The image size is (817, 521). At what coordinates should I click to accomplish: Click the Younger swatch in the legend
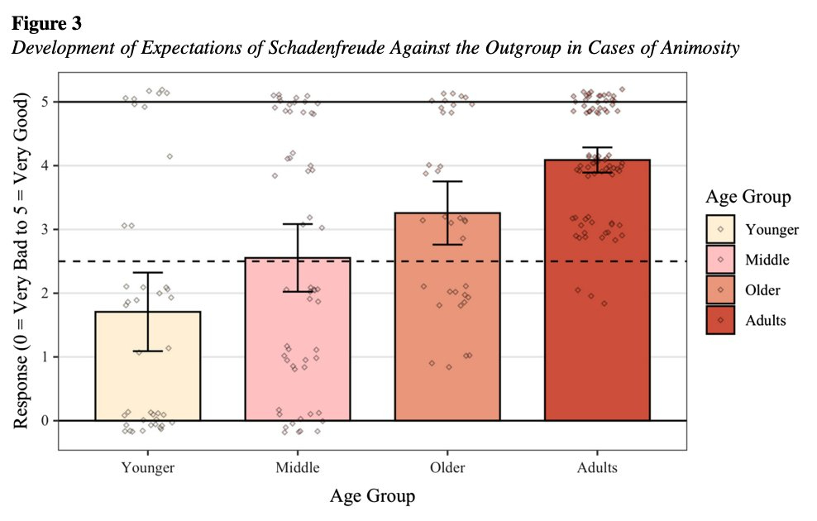(720, 231)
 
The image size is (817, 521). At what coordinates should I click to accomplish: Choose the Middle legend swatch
(720, 260)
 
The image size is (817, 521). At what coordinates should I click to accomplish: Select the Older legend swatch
(720, 290)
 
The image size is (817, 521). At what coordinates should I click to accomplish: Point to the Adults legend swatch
(720, 320)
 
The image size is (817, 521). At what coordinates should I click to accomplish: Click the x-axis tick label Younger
(148, 469)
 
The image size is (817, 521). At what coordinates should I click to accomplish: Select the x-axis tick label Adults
(597, 469)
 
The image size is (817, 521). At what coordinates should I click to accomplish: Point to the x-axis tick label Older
(447, 469)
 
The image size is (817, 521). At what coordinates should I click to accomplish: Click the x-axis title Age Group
(372, 497)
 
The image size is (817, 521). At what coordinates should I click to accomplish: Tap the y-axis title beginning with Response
(25, 260)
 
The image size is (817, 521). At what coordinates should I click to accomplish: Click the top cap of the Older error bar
(447, 181)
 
